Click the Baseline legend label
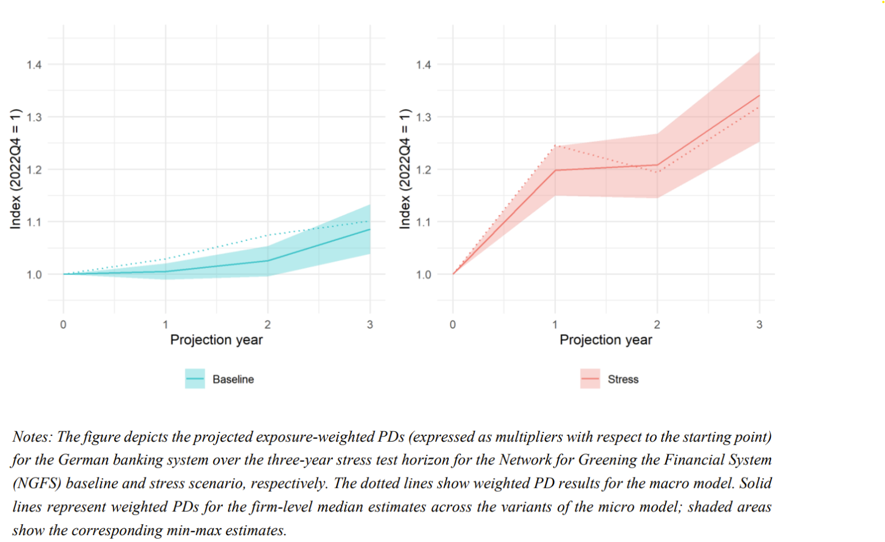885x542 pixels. (x=233, y=379)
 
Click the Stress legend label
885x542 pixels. (x=623, y=379)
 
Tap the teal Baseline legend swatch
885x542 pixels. (x=195, y=379)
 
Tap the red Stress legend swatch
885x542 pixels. (x=590, y=379)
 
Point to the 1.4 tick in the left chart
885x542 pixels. (x=34, y=65)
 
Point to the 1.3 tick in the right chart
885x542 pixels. (x=423, y=117)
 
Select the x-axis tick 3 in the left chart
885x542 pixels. (x=370, y=325)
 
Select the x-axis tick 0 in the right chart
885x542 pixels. (x=453, y=325)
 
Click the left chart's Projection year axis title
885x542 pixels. (x=216, y=340)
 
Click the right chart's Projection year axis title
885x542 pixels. (x=606, y=340)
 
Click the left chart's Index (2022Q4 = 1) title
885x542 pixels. (x=16, y=168)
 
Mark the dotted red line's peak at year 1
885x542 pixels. (x=555, y=145)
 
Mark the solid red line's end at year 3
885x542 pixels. (x=759, y=95)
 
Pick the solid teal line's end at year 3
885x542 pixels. (x=369, y=229)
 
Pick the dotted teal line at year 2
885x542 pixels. (x=267, y=235)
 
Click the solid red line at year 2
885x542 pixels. (x=657, y=165)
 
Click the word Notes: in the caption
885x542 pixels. (x=32, y=437)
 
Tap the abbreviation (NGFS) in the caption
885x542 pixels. (x=36, y=483)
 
